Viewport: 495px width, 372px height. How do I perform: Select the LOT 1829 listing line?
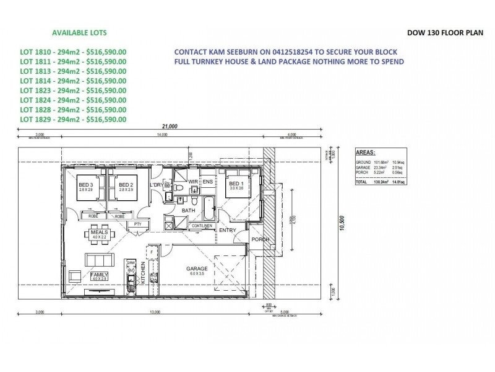tap(73, 118)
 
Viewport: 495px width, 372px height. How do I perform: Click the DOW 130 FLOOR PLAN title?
tap(445, 33)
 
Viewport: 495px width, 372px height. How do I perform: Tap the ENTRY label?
tap(227, 231)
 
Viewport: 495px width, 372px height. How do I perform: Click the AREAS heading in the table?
tap(367, 151)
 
